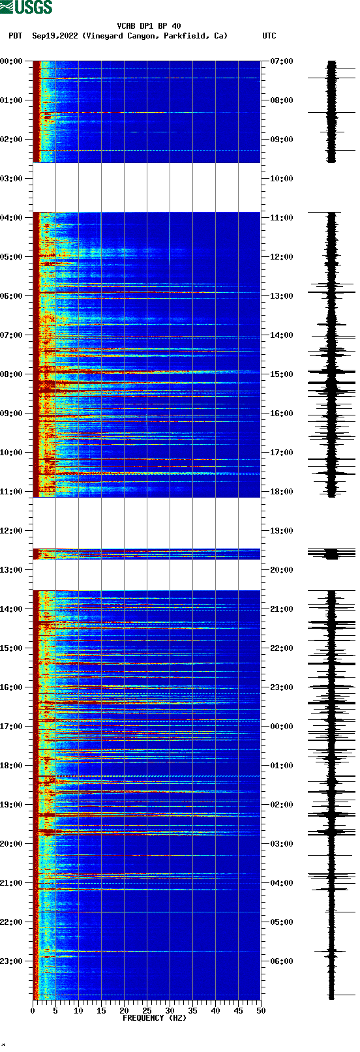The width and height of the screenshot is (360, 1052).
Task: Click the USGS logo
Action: click(26, 7)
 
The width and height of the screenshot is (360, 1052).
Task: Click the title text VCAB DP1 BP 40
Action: click(149, 26)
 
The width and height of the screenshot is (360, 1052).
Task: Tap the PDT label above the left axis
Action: click(15, 36)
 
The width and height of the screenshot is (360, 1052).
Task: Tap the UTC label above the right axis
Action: click(269, 36)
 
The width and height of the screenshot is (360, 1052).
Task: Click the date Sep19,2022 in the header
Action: click(55, 36)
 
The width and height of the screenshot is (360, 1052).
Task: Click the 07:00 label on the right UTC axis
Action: click(281, 61)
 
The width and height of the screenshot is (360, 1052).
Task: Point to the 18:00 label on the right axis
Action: click(281, 491)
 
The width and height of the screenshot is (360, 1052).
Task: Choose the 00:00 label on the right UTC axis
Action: click(281, 726)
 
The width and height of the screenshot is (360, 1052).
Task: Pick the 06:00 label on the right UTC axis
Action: click(281, 961)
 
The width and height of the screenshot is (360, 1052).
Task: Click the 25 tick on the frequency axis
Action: click(147, 1011)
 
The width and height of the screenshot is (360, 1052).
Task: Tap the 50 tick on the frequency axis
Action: click(261, 1011)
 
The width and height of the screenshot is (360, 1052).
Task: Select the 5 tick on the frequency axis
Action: click(55, 1011)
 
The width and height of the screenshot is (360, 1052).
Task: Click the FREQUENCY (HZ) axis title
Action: click(155, 1018)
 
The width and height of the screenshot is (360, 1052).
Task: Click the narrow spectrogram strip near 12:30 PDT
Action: click(147, 554)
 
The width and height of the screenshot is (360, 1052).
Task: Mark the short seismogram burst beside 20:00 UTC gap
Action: click(331, 554)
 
